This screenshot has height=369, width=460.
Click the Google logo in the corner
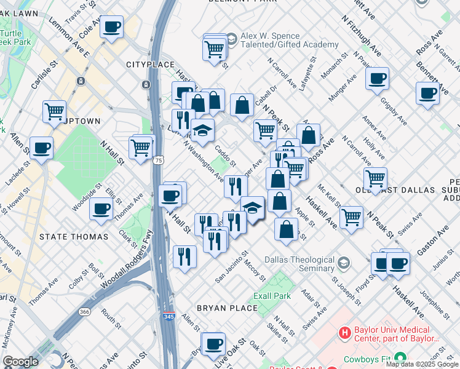click(x=20, y=362)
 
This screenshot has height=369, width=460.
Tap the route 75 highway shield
click(x=159, y=160)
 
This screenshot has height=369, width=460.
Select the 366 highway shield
click(x=84, y=312)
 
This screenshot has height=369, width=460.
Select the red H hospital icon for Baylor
click(x=345, y=333)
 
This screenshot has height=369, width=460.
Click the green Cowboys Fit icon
click(x=400, y=357)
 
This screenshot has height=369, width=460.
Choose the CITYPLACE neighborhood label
click(x=147, y=65)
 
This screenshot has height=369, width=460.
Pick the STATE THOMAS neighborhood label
click(x=73, y=236)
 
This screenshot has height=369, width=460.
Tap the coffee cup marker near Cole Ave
click(x=112, y=27)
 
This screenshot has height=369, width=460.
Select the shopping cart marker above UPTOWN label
click(x=54, y=111)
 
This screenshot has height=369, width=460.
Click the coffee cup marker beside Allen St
click(x=42, y=148)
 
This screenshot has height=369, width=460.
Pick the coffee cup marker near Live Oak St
click(x=214, y=343)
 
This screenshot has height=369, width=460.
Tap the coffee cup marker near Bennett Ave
click(x=427, y=93)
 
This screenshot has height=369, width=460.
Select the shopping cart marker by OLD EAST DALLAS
click(x=375, y=179)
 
